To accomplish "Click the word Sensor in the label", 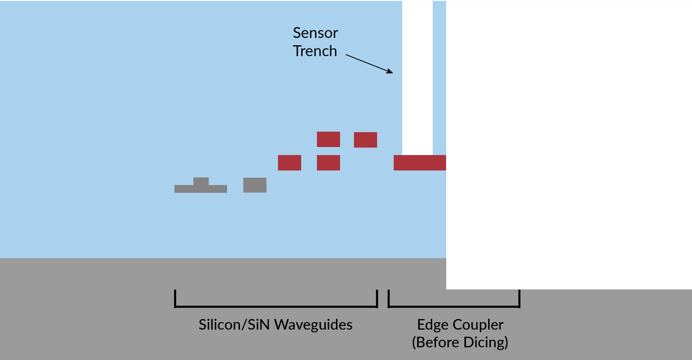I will tap(315, 33).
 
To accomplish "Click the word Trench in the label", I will tap(315, 51).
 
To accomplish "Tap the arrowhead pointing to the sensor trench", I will tap(390, 71).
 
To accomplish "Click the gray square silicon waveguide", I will tap(255, 185).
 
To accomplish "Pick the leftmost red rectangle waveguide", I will tap(289, 163).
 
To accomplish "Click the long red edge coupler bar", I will tap(420, 163).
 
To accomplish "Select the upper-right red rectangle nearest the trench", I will tap(365, 140).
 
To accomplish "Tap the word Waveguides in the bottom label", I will tap(313, 325).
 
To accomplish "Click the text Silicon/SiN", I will tap(234, 325).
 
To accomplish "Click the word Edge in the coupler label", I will tap(432, 325).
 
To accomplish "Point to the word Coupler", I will tap(478, 325).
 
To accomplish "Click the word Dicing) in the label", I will tap(486, 342).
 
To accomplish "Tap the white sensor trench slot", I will tap(417, 77).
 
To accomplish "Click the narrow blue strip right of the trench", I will tap(439, 77).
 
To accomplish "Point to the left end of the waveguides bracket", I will tap(175, 299).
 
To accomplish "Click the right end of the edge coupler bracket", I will tap(519, 299).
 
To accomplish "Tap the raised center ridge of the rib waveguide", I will tap(201, 181).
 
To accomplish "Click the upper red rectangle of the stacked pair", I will tap(328, 139).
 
